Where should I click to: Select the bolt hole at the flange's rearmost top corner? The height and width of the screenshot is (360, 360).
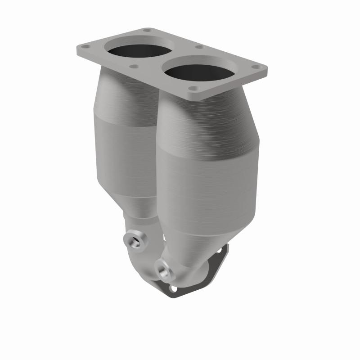point(147,31)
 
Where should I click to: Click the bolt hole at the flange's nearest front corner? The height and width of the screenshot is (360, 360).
point(193,89)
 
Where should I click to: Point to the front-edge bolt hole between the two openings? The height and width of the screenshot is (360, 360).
point(133,66)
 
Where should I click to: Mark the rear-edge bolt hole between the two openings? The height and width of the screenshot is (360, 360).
point(198,47)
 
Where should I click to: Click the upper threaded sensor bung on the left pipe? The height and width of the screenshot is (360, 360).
point(133,241)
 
